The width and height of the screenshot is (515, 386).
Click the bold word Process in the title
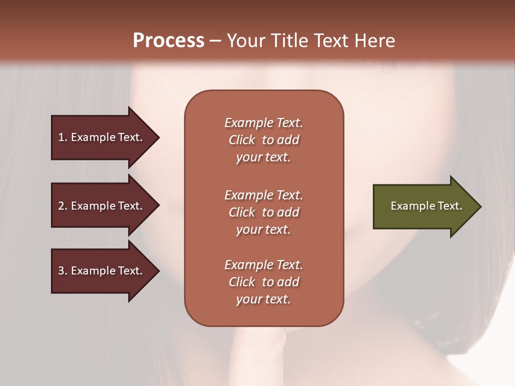click(168, 41)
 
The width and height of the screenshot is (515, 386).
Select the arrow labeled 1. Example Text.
click(102, 137)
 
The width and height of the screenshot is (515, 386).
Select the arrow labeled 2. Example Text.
click(102, 206)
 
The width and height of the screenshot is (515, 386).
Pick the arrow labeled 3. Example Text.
click(102, 271)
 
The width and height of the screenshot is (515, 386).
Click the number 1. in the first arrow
click(63, 137)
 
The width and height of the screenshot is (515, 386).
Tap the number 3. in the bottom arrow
click(63, 271)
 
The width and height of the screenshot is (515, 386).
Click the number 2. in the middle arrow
click(63, 206)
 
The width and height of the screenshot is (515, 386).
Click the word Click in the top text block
click(241, 140)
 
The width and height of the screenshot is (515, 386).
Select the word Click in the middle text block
click(241, 212)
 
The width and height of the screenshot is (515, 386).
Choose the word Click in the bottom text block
click(241, 282)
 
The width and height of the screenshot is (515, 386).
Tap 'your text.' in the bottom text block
click(263, 299)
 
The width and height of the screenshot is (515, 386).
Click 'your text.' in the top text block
click(263, 157)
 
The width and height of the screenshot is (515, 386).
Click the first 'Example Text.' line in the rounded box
click(263, 123)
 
